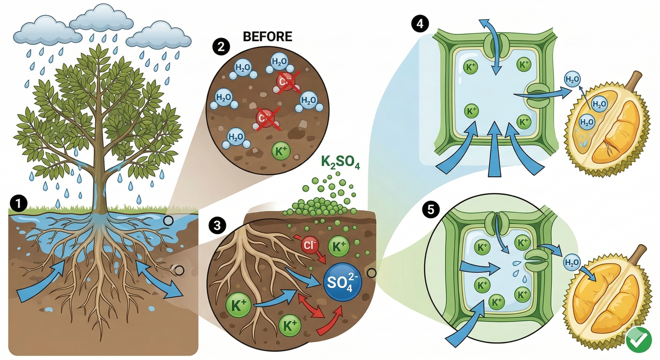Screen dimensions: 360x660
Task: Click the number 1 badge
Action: click(18, 203)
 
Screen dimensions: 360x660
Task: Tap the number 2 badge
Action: click(221, 46)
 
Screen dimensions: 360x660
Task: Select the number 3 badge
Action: click(217, 225)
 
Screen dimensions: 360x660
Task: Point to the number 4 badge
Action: click(420, 24)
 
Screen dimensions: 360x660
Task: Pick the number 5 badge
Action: click(431, 210)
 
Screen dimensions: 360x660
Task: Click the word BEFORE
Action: click(267, 37)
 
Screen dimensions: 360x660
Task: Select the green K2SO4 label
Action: click(340, 162)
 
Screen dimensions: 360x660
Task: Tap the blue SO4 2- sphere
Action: click(343, 283)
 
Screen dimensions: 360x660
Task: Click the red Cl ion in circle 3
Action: click(309, 245)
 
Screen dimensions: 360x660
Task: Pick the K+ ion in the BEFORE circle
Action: click(281, 151)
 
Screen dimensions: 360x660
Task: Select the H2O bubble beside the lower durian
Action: click(573, 263)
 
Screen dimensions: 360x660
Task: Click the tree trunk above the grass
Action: click(100, 181)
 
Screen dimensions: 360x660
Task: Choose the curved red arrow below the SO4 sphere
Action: click(330, 322)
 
